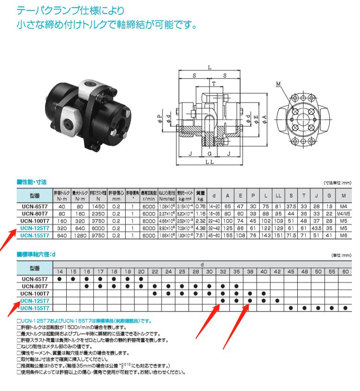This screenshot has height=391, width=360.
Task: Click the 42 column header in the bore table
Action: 278,271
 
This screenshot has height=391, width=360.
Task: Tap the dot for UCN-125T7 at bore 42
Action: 278,300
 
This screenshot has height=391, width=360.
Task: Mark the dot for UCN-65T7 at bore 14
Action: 59,278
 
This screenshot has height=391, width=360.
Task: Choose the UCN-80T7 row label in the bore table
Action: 35,286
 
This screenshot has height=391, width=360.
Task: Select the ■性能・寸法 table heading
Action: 32,182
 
